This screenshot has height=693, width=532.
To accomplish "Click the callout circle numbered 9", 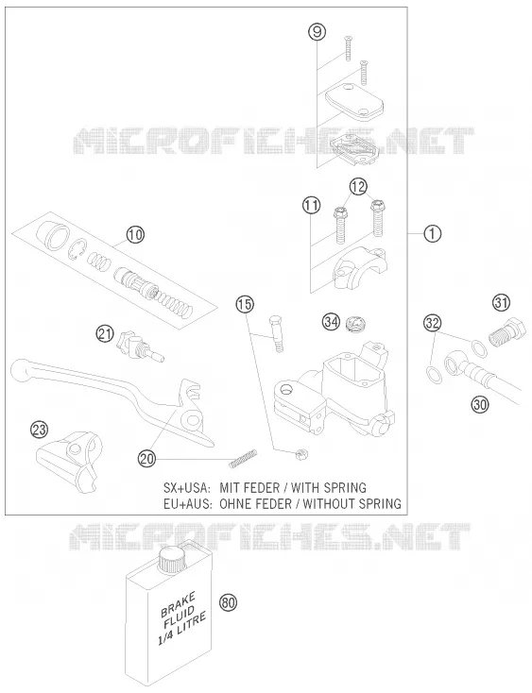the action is point(317,32).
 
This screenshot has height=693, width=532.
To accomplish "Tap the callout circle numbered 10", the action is point(135,234).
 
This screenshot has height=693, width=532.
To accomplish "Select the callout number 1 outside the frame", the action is point(432,233).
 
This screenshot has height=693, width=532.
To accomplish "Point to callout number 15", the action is point(244,304).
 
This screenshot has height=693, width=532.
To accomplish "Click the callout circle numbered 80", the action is point(228,602).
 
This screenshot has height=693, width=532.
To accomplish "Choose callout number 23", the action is point(40,430).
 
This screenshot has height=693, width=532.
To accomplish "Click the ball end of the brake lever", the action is point(21,370).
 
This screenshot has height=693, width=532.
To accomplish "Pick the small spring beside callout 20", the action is point(242,458).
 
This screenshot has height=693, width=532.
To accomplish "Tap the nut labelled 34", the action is point(353,324).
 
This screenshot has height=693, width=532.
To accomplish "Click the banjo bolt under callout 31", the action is point(507,332).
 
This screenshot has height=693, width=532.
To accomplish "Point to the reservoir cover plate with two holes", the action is point(354,102).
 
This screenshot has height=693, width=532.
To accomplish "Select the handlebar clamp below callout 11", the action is point(360,268).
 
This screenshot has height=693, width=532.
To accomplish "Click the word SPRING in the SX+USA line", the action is point(345,487).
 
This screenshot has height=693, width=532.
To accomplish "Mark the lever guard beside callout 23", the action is point(70,462).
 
